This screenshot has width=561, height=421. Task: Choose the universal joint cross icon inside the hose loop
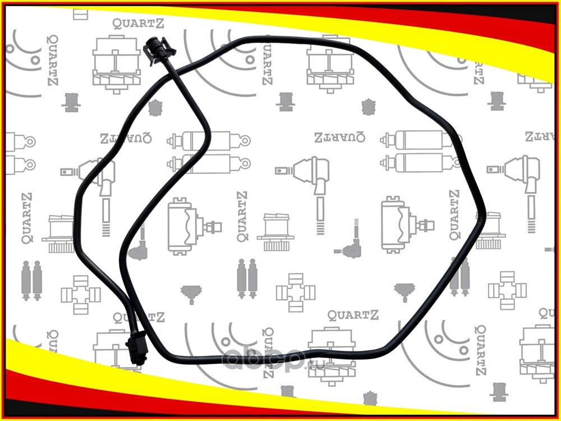pyautogui.click(x=295, y=291)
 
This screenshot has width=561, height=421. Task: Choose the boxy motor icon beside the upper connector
pyautogui.click(x=116, y=62)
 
